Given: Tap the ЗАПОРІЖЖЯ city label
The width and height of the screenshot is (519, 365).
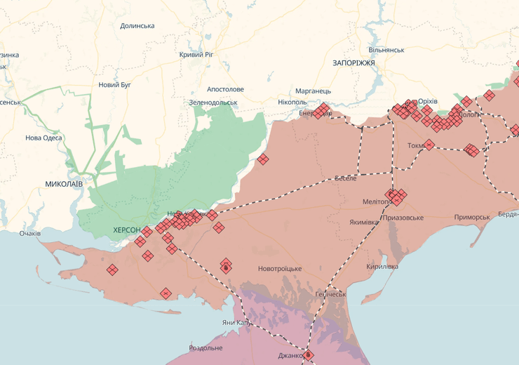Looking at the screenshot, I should pos(353,63).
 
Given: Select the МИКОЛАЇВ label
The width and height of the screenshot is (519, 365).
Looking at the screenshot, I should pos(64,184).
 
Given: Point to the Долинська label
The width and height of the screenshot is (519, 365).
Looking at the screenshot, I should pos(137,26).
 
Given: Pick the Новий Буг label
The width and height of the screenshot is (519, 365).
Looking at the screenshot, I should pos(115,85).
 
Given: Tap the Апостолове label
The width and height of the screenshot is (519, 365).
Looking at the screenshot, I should pos(225,90).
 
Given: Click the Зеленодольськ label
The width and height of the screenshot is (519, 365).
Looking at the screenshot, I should pos(213,102).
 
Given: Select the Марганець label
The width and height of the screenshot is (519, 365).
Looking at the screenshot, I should pos(313,91).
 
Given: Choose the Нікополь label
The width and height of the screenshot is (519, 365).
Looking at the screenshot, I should pos(292,102).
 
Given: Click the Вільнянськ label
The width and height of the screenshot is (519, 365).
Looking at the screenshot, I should pos(386,51).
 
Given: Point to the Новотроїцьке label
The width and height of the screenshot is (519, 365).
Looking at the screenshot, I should pos(280,270).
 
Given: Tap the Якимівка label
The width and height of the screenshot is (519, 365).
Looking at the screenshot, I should pos(364,223).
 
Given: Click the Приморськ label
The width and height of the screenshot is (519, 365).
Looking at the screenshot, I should pos(472,218).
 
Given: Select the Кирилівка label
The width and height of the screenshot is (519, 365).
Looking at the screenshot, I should pos(382,267).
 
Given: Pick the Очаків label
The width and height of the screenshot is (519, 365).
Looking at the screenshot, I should pos(30,233).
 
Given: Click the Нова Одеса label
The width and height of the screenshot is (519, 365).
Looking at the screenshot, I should pos(43,138).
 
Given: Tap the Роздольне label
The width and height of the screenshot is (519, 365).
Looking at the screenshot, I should pos(205,348).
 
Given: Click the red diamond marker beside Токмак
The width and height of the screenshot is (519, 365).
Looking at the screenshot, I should pos(429,145).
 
